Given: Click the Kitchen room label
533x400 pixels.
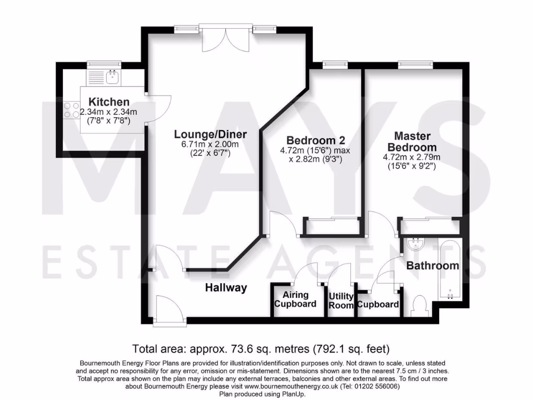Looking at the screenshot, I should (108, 102).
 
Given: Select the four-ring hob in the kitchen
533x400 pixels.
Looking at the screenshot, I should (72, 109).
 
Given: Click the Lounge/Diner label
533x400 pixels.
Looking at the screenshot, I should (210, 134).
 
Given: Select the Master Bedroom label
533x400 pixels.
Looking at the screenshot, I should (412, 141).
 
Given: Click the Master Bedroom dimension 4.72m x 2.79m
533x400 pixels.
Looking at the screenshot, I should (412, 157).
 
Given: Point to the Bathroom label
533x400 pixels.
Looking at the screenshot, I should (433, 266).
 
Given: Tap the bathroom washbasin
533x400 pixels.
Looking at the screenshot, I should (415, 244).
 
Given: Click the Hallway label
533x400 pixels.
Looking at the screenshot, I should (225, 287).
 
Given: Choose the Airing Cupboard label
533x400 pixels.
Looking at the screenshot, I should (295, 299).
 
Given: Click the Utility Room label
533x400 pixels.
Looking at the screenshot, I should (341, 301).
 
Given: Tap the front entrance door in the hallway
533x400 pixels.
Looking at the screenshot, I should (168, 310).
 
